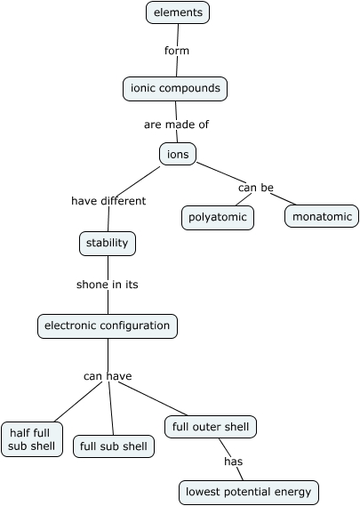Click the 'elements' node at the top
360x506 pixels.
(x=178, y=12)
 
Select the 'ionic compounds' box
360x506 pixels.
(x=175, y=89)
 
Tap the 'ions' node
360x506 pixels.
(x=178, y=154)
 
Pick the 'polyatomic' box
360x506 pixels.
(x=218, y=217)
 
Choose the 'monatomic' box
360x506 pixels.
(x=322, y=216)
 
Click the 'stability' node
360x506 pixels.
(x=108, y=243)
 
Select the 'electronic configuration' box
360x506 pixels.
(x=108, y=326)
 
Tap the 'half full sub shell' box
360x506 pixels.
(x=32, y=439)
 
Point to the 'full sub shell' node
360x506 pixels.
(x=114, y=446)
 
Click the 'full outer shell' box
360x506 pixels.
(x=211, y=427)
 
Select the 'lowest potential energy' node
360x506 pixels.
(x=248, y=492)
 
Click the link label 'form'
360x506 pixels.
(x=177, y=51)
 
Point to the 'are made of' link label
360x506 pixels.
(x=176, y=124)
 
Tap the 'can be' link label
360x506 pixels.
(x=255, y=188)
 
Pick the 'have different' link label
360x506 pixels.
(x=108, y=201)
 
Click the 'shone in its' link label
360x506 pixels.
(x=108, y=285)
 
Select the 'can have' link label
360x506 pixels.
(x=108, y=376)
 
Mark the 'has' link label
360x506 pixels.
(x=233, y=462)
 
